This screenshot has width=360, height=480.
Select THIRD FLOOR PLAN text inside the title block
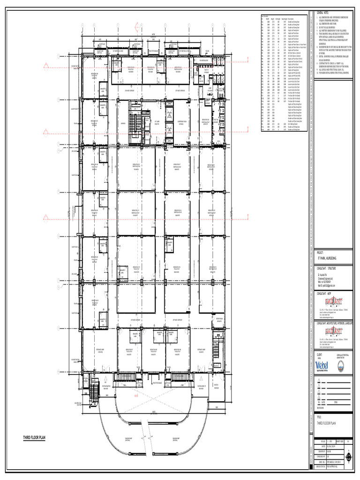(327, 423)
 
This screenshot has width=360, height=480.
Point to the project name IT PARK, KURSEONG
(328, 258)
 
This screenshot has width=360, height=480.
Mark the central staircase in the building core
(135, 124)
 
